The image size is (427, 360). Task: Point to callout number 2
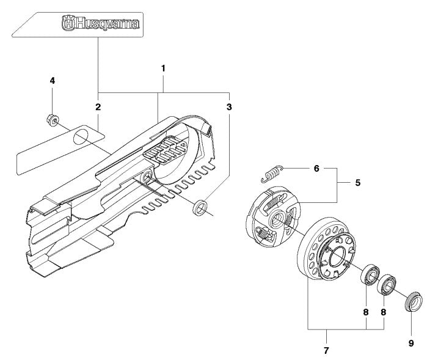pyautogui.click(x=98, y=107)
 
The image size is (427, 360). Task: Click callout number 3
pyautogui.click(x=229, y=107)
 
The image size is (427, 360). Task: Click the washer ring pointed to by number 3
pyautogui.click(x=199, y=209)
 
